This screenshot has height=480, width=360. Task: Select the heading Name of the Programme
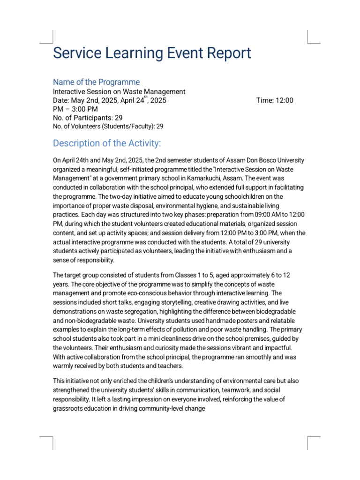tap(96, 82)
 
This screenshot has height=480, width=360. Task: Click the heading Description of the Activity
tap(107, 143)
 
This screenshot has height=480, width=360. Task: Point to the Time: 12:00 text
tap(275, 100)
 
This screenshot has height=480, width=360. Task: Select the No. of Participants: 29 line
tap(88, 118)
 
